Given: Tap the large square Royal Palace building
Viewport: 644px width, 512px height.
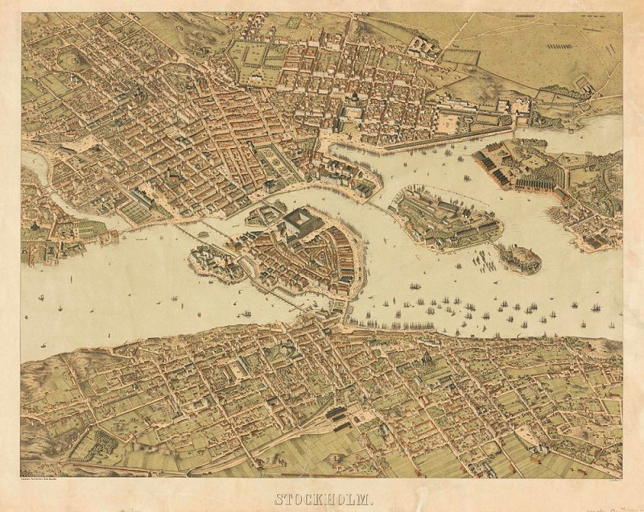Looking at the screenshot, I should [299, 221].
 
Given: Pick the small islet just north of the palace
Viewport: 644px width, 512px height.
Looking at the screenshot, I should [266, 214].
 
